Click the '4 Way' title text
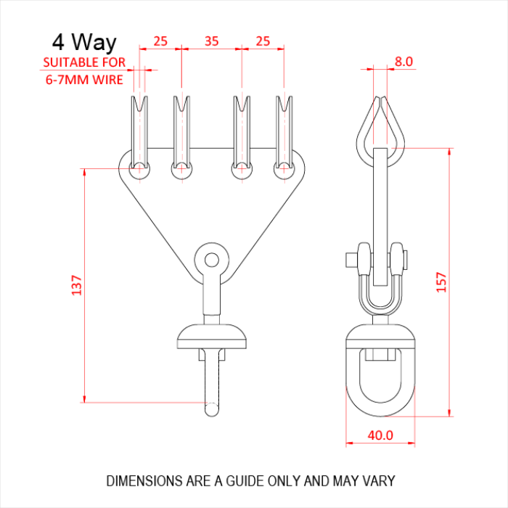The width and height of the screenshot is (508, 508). point(84,42)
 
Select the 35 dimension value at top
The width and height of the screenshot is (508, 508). point(212,41)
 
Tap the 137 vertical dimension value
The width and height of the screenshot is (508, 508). point(77,285)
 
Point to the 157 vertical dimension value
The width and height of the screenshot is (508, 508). point(441,282)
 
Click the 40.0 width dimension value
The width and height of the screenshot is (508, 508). point(380,435)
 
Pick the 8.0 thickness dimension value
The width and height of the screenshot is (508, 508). point(403,62)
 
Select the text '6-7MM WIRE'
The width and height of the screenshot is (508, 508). point(84,80)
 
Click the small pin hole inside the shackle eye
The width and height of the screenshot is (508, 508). point(212,260)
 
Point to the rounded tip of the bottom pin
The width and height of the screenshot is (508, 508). point(212,409)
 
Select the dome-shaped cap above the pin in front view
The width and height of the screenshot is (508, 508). point(212,336)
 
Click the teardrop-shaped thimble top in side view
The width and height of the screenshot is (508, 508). point(380,132)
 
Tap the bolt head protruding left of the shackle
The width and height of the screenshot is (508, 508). point(351,260)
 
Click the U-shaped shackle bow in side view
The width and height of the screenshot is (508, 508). point(380,307)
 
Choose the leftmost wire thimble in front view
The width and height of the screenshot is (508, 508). point(139,132)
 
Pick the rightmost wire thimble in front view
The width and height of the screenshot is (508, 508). point(284,132)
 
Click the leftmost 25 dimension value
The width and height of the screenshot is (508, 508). point(160,41)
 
